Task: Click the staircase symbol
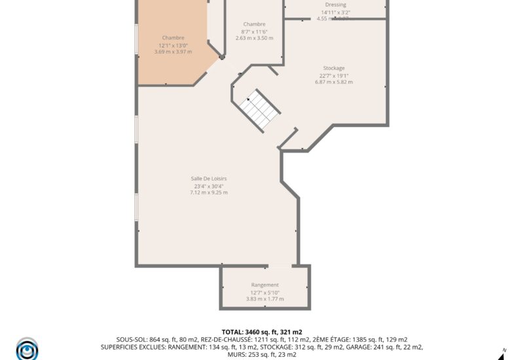click(259, 109)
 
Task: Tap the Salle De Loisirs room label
click(209, 179)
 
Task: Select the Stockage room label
click(333, 68)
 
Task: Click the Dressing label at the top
click(335, 5)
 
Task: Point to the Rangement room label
click(265, 285)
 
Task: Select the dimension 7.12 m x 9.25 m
click(209, 192)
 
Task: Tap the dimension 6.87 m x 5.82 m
click(333, 82)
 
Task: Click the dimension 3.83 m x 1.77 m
click(265, 298)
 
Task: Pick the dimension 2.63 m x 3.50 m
click(254, 38)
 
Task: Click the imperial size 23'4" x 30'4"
click(209, 186)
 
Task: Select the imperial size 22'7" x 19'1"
click(333, 75)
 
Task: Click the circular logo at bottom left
click(27, 349)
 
